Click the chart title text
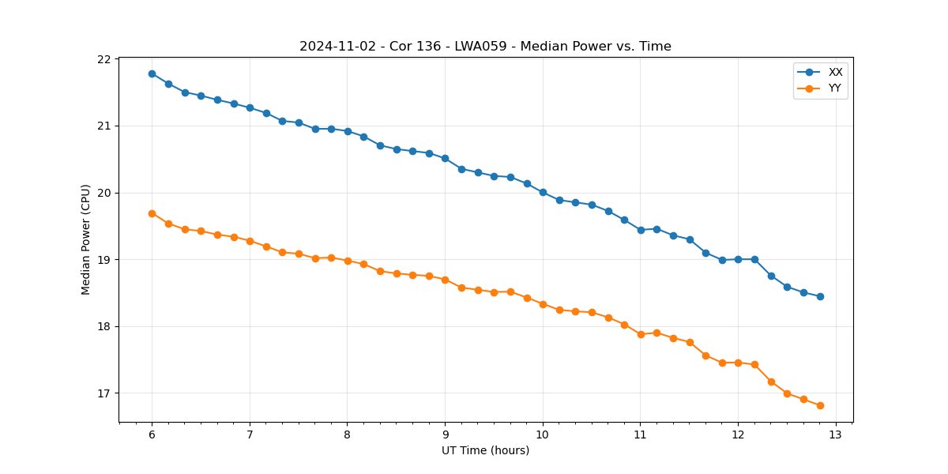(485, 47)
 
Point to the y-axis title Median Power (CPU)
(86, 239)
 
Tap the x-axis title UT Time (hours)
(485, 451)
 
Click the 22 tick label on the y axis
(104, 59)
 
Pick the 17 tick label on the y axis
(104, 393)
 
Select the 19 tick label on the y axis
(104, 260)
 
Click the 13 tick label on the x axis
(836, 435)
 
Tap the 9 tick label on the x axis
(445, 435)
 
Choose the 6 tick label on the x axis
(152, 435)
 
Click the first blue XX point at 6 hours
(152, 73)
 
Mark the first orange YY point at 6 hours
(152, 213)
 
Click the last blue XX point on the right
(820, 296)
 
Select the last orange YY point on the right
(820, 405)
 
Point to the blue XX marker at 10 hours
(543, 192)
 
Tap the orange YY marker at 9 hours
(445, 280)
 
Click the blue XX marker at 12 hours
(738, 259)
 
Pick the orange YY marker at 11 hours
(641, 334)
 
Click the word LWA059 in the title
(480, 47)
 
